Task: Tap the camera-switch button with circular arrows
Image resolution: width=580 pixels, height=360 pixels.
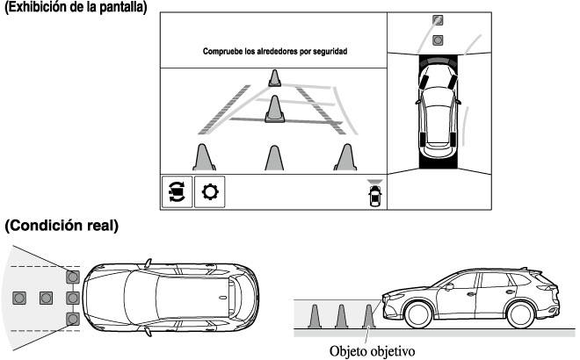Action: click(177, 191)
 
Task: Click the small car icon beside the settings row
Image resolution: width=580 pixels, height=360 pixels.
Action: click(375, 194)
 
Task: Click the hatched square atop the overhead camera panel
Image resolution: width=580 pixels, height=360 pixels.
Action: click(437, 20)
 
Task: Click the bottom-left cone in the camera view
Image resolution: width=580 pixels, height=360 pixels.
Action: click(204, 157)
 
